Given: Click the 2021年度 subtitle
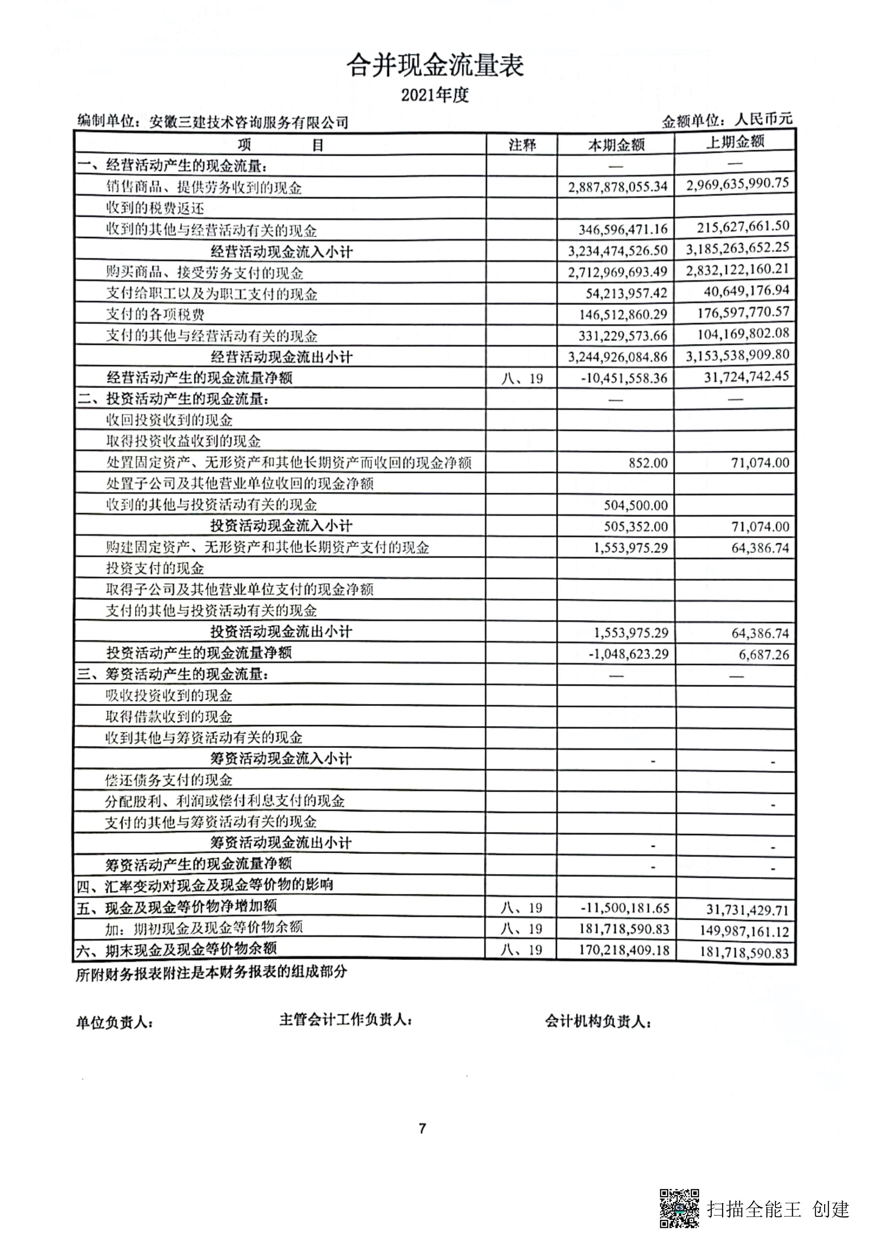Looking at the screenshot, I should pos(435,95).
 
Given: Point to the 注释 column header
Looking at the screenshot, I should pos(522,145).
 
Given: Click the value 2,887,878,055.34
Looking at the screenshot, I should pos(617,187).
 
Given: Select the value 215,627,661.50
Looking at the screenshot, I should pos(743,226).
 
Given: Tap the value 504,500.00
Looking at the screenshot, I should pos(636,506).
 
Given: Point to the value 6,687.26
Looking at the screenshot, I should pos(764,654).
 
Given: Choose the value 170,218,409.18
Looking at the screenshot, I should pos(624,950).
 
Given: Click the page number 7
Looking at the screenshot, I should pos(423,1128).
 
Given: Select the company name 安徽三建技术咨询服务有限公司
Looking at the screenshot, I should pos(249,123).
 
